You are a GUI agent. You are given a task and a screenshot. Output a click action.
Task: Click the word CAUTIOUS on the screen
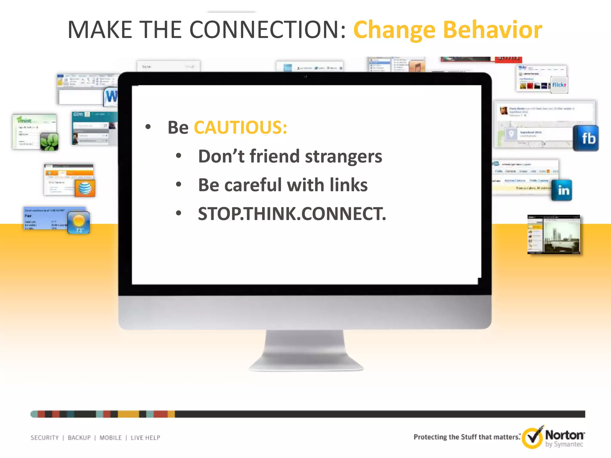tap(240, 128)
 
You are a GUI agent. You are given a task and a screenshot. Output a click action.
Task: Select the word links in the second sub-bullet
tap(348, 185)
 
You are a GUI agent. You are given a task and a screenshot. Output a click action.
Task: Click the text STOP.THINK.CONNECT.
tap(292, 214)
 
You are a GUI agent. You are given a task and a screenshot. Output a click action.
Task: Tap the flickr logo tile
tap(559, 85)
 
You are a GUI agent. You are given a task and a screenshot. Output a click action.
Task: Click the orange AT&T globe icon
tap(85, 188)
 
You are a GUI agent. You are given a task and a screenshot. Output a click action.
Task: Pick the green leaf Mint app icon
tap(49, 142)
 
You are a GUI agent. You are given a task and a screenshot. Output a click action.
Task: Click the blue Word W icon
tap(111, 96)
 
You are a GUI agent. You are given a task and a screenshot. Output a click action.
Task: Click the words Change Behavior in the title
tap(448, 30)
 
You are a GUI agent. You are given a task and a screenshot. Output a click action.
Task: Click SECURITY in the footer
tap(45, 438)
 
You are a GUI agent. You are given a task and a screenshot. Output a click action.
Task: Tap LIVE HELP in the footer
tap(145, 438)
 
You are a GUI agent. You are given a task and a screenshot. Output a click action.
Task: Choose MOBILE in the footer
tap(110, 438)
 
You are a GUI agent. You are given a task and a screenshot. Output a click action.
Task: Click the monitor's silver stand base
tap(306, 362)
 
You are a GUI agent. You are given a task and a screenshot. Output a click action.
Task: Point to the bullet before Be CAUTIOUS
tap(148, 127)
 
